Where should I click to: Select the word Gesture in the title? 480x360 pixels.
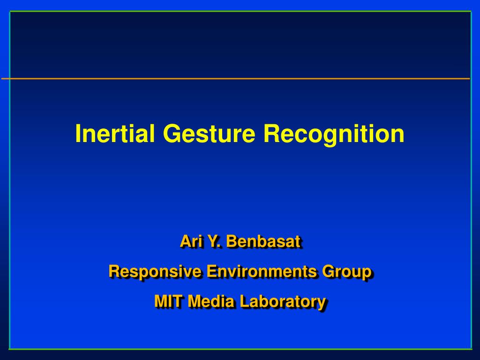209,134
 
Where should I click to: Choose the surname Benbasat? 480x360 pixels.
263,241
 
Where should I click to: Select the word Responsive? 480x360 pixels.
155,272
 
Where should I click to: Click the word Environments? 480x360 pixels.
262,271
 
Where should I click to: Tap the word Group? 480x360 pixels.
346,272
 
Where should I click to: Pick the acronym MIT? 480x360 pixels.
169,301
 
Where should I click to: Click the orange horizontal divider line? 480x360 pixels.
235,79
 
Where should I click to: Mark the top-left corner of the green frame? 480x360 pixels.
10,12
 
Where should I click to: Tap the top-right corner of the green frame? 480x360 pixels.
471,12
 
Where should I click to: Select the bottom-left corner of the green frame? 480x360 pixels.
10,349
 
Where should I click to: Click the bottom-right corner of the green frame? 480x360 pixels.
471,349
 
